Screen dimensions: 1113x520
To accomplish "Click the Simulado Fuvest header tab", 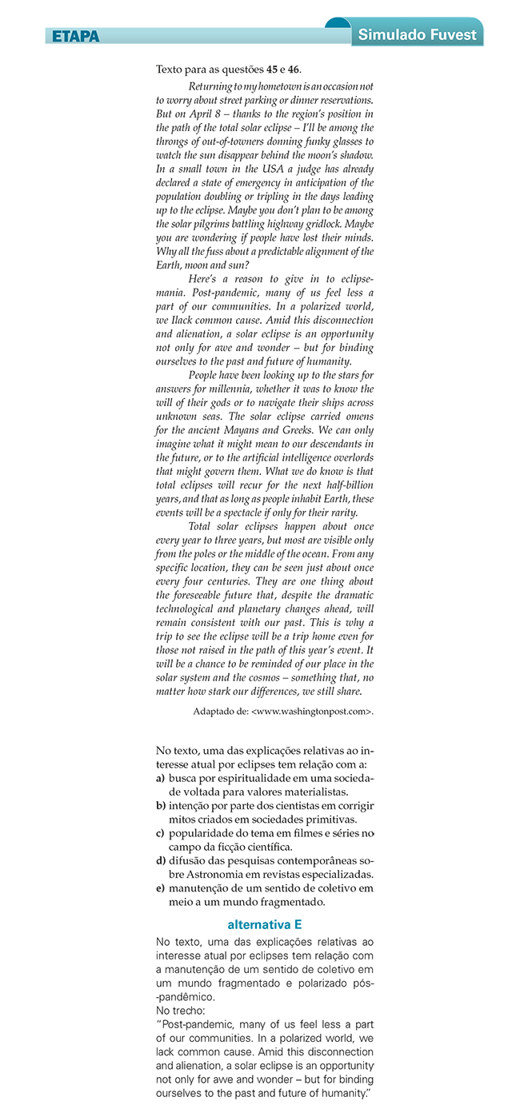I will pyautogui.click(x=417, y=34).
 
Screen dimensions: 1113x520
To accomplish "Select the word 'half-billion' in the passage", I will pyautogui.click(x=342, y=485).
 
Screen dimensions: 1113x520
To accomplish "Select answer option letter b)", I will pyautogui.click(x=161, y=806).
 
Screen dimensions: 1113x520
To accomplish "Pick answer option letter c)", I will pyautogui.click(x=161, y=833).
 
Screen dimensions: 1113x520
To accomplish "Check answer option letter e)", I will pyautogui.click(x=161, y=888).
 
